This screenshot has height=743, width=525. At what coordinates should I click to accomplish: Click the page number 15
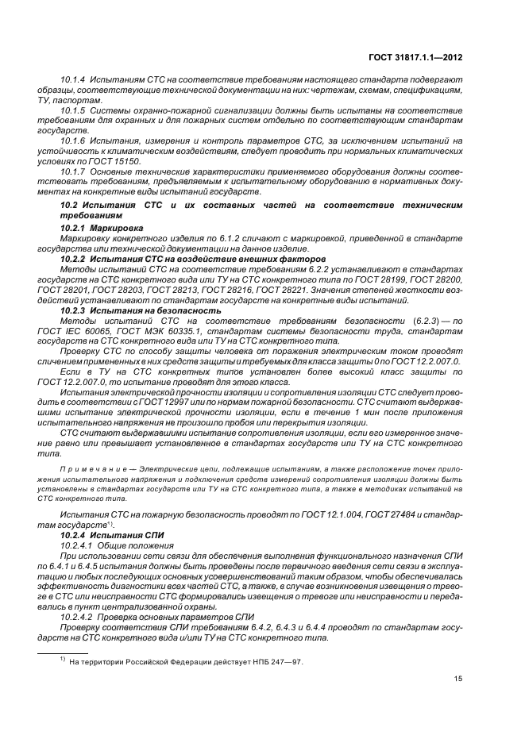(x=458, y=678)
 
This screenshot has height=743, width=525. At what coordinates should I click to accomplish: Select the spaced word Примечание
(x=92, y=470)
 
